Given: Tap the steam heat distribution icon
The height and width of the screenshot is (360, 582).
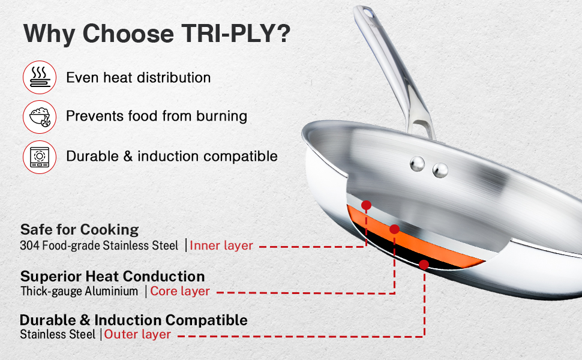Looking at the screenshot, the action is click(x=40, y=77).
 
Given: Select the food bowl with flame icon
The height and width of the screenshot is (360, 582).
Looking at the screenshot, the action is click(x=40, y=117).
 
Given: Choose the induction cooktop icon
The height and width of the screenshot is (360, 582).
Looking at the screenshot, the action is click(x=40, y=157).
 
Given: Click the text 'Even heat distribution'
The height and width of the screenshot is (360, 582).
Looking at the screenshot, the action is click(x=139, y=77).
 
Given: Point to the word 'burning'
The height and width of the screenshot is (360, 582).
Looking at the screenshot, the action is click(x=221, y=116).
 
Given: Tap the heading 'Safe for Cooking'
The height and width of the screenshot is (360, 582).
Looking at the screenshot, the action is click(x=79, y=229).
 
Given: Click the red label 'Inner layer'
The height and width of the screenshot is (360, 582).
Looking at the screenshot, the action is click(x=221, y=245).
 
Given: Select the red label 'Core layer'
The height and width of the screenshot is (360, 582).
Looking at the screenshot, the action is click(x=180, y=291).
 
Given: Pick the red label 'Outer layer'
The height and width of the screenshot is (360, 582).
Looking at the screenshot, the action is click(x=137, y=334).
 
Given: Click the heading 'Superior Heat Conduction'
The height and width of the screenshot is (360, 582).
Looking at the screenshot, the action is click(x=112, y=277).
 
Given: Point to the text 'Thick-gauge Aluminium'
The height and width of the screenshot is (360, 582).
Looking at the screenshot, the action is click(x=79, y=291).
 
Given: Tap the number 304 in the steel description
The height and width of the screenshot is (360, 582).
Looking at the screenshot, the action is click(x=29, y=245).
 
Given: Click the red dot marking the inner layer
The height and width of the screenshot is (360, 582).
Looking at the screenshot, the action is click(x=367, y=205).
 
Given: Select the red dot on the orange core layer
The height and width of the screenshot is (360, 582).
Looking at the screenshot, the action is click(x=395, y=229).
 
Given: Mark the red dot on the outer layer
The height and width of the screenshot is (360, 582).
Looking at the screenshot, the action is click(x=424, y=265).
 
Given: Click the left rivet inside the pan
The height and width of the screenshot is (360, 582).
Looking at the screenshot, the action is click(x=417, y=164).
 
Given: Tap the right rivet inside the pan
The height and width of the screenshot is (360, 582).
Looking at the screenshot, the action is click(x=440, y=170).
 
